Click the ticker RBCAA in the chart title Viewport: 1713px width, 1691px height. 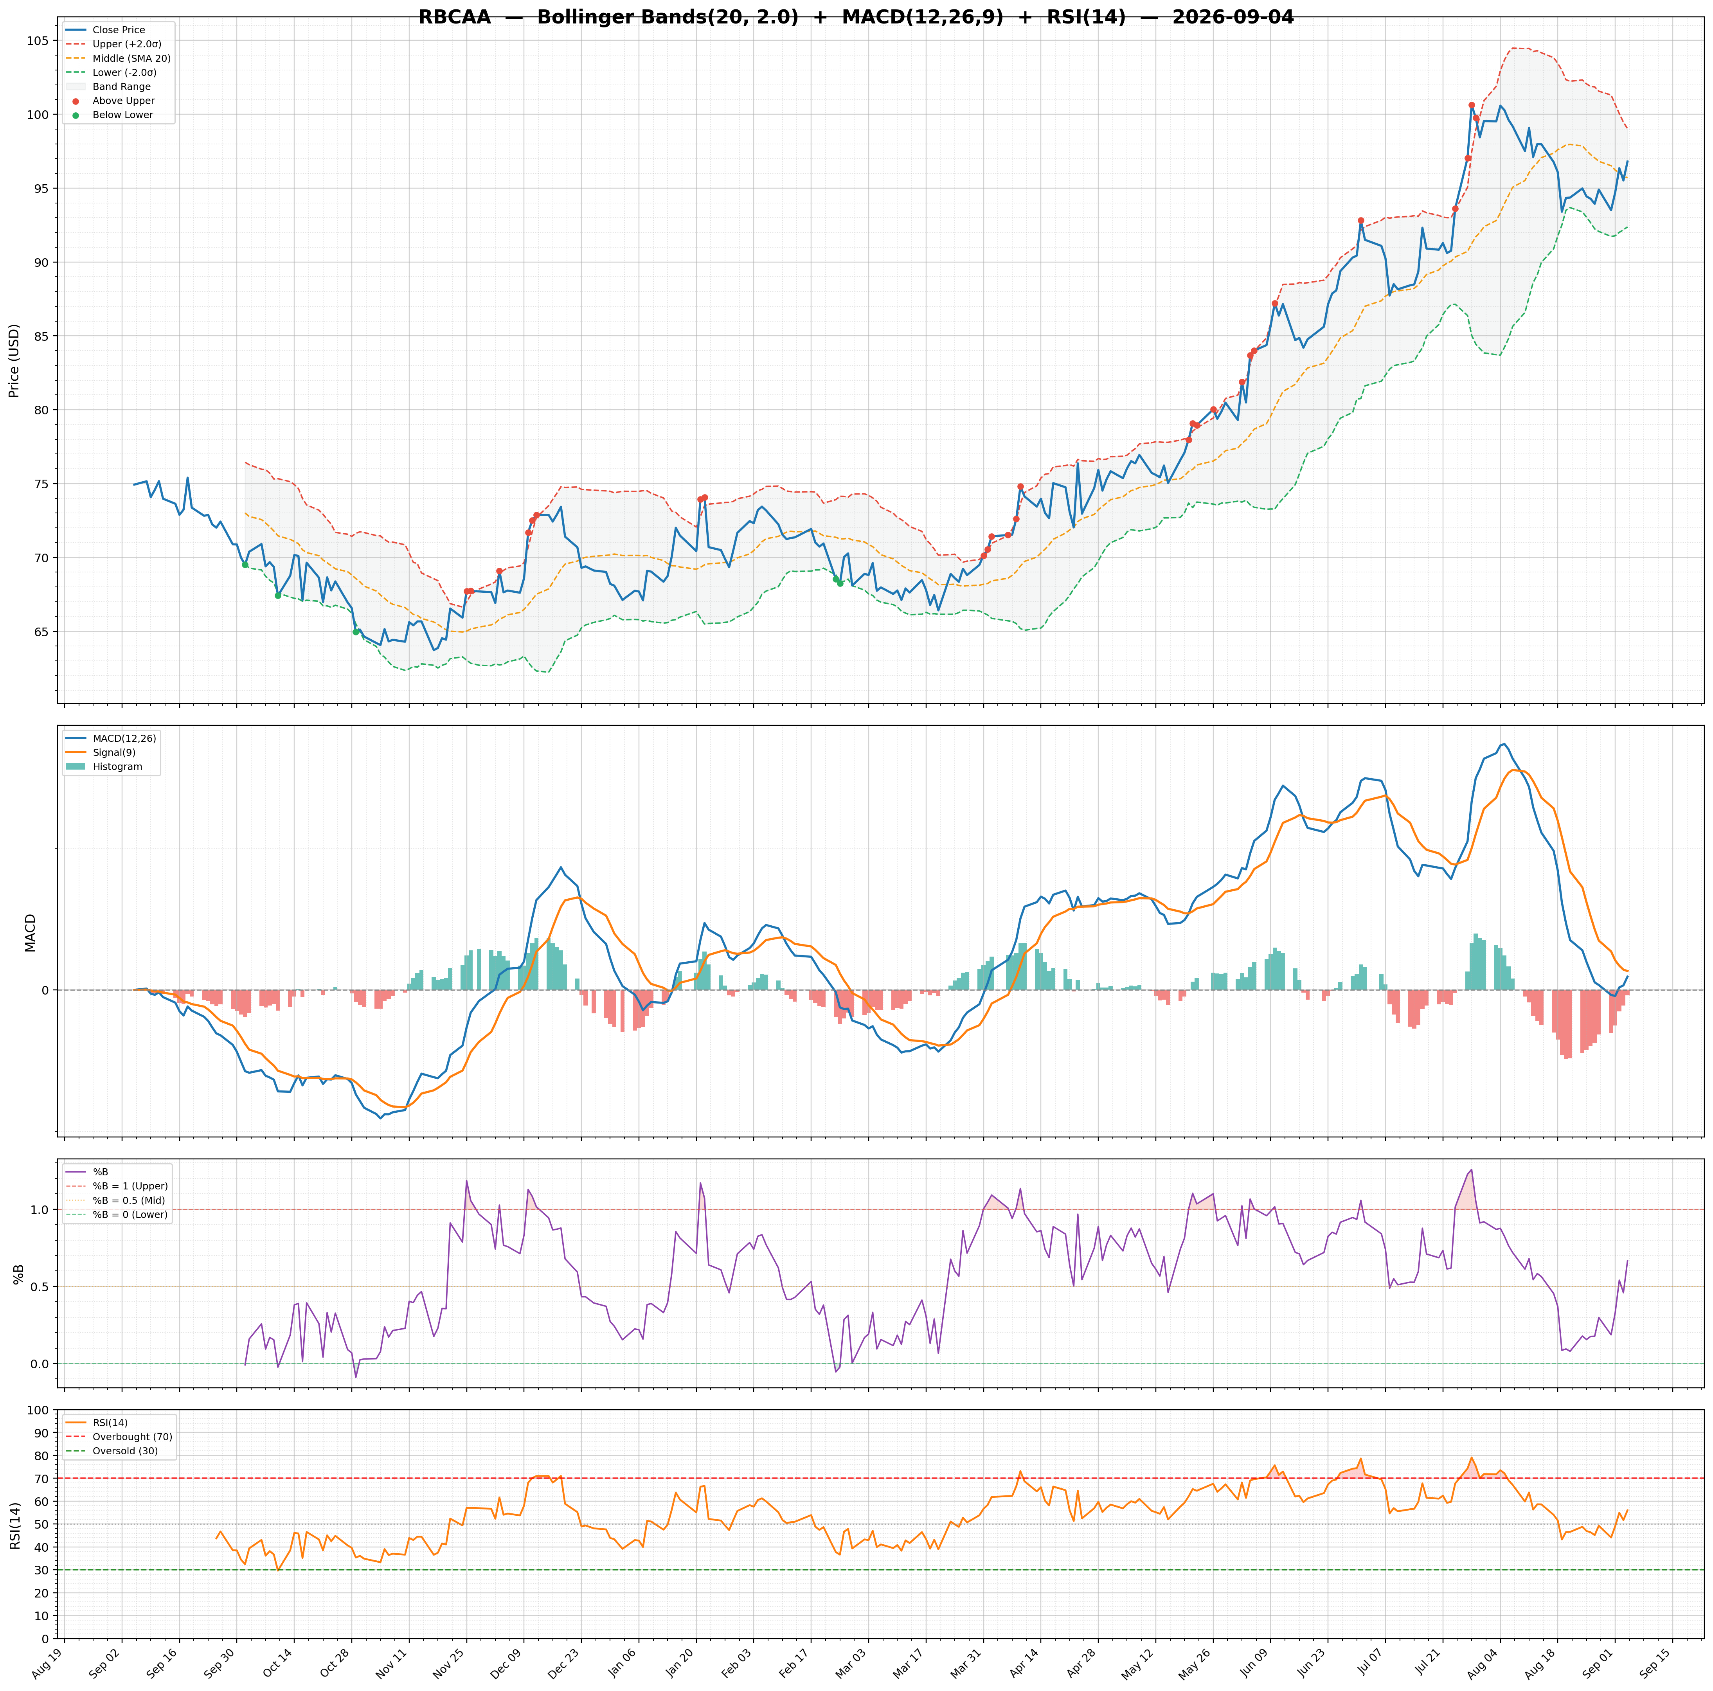pyautogui.click(x=455, y=18)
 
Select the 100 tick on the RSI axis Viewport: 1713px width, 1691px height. pyautogui.click(x=37, y=1410)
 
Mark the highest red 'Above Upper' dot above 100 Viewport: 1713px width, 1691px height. pyautogui.click(x=1472, y=104)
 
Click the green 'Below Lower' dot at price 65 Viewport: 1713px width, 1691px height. pyautogui.click(x=356, y=631)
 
